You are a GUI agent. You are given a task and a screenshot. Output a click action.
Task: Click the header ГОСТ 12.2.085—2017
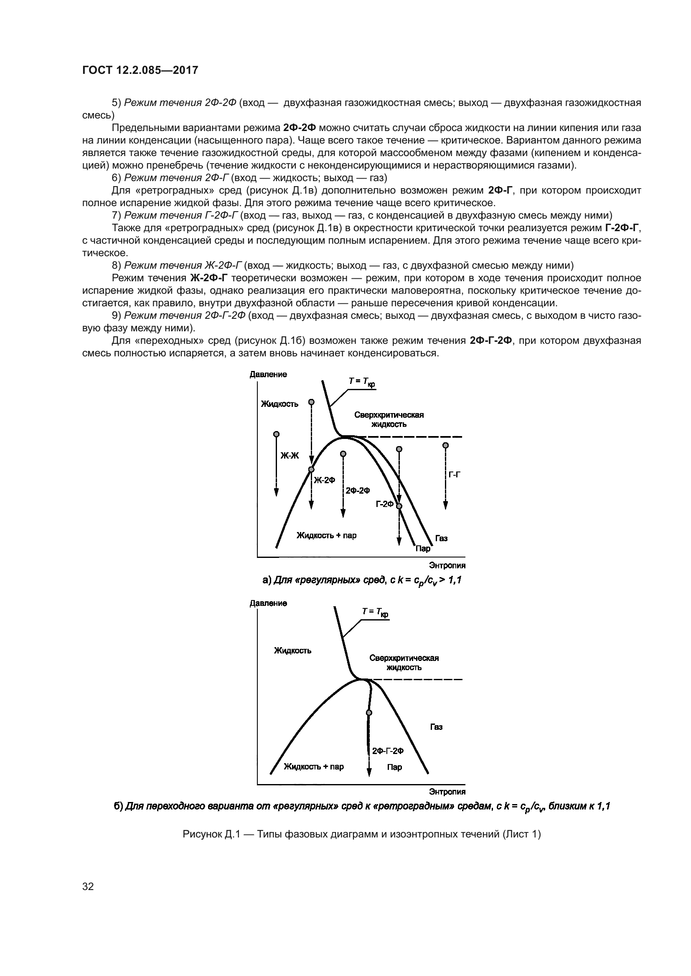tap(140, 70)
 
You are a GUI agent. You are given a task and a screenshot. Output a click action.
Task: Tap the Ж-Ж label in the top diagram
tap(290, 456)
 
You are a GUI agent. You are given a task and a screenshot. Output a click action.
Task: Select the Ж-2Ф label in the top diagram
tap(324, 480)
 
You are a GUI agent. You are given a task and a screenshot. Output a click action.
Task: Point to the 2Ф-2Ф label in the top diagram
tap(358, 491)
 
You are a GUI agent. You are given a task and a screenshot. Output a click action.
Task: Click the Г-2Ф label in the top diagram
tap(385, 504)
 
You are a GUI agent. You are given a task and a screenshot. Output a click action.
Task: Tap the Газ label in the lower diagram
tap(436, 727)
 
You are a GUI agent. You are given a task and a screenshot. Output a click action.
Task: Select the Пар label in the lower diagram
tap(394, 767)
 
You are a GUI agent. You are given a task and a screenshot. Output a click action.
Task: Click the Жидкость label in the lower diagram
tap(292, 651)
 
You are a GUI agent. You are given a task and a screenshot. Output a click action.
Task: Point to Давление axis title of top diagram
tap(268, 374)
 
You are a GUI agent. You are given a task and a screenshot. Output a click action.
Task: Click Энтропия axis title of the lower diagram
tap(447, 792)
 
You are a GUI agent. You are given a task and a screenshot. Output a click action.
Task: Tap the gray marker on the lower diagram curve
tap(369, 712)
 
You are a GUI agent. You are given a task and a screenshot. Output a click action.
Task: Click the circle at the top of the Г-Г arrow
tap(445, 445)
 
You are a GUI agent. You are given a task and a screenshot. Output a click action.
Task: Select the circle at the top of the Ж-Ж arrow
tap(276, 434)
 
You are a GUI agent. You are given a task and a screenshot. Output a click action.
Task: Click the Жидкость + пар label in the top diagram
tap(326, 535)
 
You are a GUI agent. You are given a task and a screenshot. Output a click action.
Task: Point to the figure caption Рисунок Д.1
tap(361, 835)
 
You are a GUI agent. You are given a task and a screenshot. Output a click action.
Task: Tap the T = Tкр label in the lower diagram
tap(375, 612)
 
